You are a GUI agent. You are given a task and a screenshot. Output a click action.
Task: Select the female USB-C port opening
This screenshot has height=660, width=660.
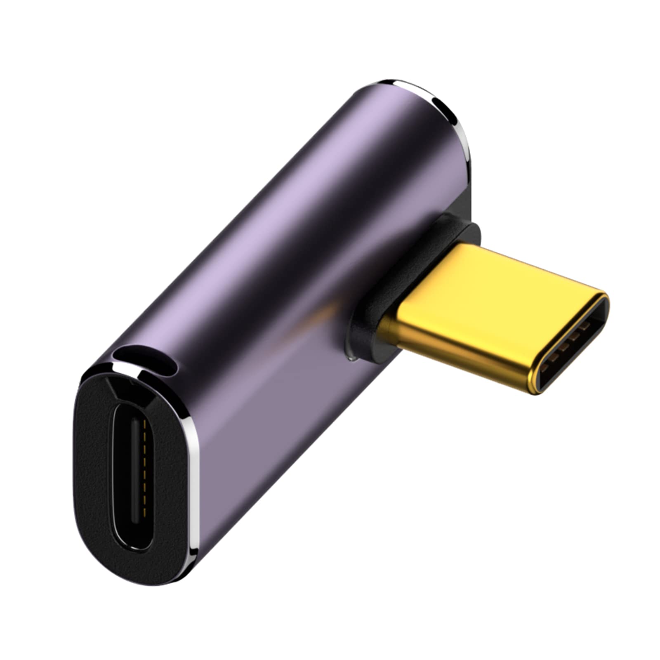tap(132, 474)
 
